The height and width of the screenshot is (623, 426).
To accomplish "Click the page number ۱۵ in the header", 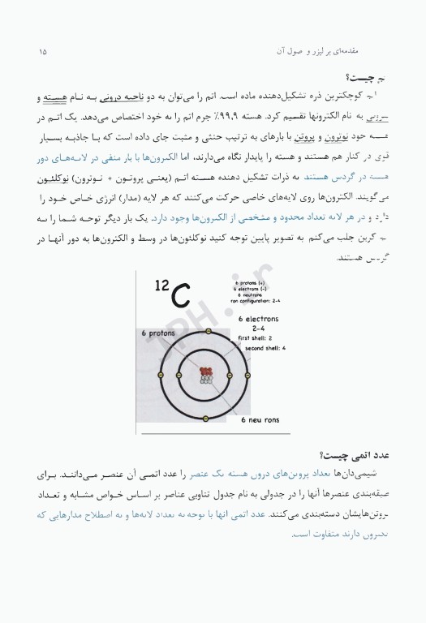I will (x=42, y=53).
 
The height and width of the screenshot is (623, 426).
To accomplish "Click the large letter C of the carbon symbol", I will (x=181, y=292).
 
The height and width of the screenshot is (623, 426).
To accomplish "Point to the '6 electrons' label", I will (x=258, y=319).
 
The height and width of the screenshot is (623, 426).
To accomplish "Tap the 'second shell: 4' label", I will (x=261, y=347).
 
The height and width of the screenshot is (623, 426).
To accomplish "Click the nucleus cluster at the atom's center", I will (x=206, y=375).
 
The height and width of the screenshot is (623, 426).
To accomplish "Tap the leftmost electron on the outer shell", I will (x=163, y=376).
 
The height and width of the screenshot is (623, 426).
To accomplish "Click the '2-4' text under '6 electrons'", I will (x=258, y=328).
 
